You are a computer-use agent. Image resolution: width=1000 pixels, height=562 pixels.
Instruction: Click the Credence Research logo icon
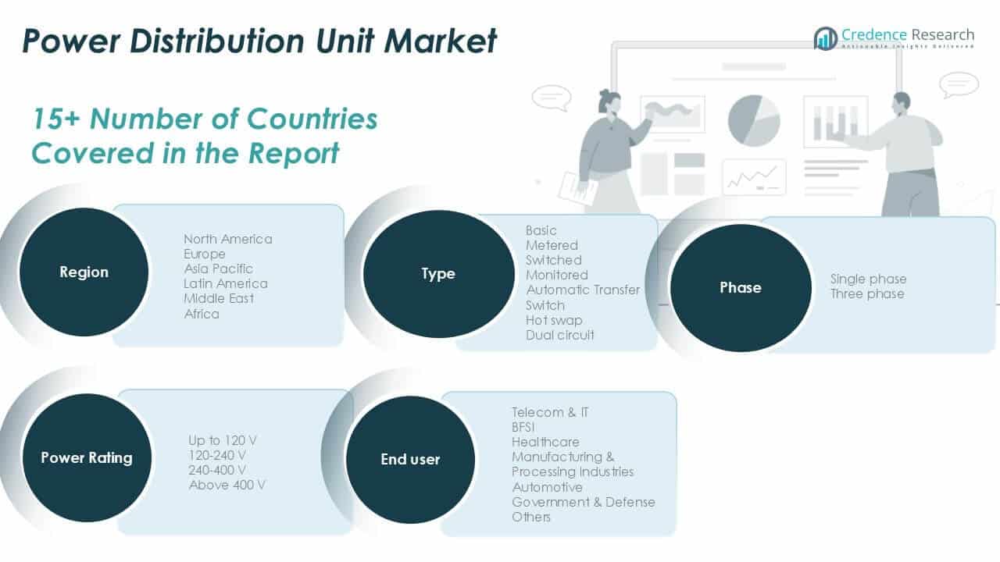click(x=825, y=38)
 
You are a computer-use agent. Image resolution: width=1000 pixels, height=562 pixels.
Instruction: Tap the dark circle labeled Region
click(x=84, y=272)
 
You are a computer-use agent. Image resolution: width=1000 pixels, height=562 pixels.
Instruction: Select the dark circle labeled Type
click(x=438, y=274)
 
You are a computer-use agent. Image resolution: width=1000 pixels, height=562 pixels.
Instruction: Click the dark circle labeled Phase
click(x=741, y=288)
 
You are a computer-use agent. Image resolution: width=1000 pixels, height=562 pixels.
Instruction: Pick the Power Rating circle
click(x=86, y=458)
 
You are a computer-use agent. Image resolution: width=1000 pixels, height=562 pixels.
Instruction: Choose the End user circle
click(x=411, y=460)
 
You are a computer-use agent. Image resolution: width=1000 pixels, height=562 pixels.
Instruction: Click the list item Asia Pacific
click(x=218, y=269)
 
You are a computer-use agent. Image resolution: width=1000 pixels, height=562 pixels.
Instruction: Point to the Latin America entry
click(x=225, y=283)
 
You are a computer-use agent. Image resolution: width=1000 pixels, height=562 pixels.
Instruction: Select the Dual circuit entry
click(x=559, y=335)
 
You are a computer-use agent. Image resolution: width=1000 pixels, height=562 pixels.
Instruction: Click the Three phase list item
click(x=866, y=293)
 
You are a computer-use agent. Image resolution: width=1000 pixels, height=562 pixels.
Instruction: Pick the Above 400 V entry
click(x=227, y=485)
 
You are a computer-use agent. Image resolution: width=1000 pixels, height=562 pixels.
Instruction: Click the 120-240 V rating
click(x=216, y=455)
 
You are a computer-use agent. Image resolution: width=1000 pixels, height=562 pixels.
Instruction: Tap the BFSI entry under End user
click(x=523, y=427)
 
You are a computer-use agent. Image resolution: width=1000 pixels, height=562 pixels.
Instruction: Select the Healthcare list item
click(x=545, y=442)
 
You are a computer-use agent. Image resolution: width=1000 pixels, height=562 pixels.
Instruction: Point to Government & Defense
click(x=583, y=502)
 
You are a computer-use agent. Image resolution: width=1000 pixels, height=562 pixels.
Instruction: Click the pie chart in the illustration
click(x=754, y=120)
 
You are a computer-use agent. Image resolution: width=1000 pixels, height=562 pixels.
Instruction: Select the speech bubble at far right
click(x=959, y=84)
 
